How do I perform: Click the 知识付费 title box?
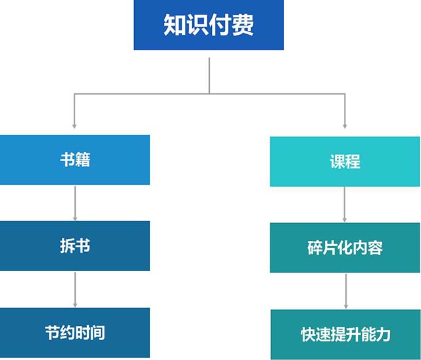click(209, 25)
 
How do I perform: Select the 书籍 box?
click(75, 160)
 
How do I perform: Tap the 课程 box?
click(345, 161)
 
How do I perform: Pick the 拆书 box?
click(75, 245)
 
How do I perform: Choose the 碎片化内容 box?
click(345, 247)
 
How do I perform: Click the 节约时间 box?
click(75, 332)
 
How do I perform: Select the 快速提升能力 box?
click(345, 334)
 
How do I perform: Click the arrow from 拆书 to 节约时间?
click(75, 289)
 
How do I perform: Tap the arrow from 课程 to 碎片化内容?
click(345, 205)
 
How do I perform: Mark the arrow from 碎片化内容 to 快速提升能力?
click(345, 291)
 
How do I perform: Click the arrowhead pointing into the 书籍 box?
click(74, 124)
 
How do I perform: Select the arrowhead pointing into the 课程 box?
click(345, 124)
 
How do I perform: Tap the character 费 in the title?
click(243, 25)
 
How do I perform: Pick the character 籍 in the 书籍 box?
click(83, 160)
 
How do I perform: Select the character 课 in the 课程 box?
click(337, 161)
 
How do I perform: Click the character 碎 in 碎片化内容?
click(315, 247)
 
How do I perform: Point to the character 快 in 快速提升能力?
click(307, 334)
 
